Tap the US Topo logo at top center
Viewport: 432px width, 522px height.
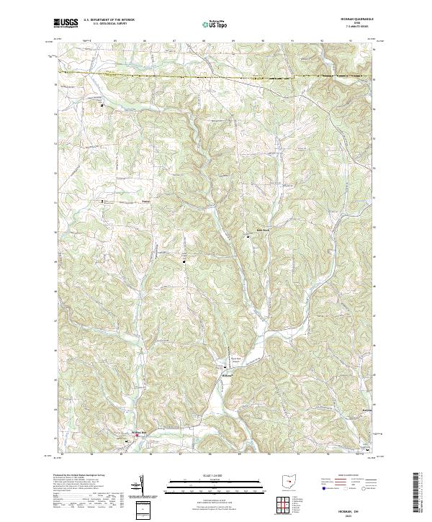pyautogui.click(x=215, y=24)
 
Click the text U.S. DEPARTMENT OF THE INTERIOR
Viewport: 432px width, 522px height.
pyautogui.click(x=109, y=20)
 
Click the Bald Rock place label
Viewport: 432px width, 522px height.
pyautogui.click(x=262, y=230)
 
